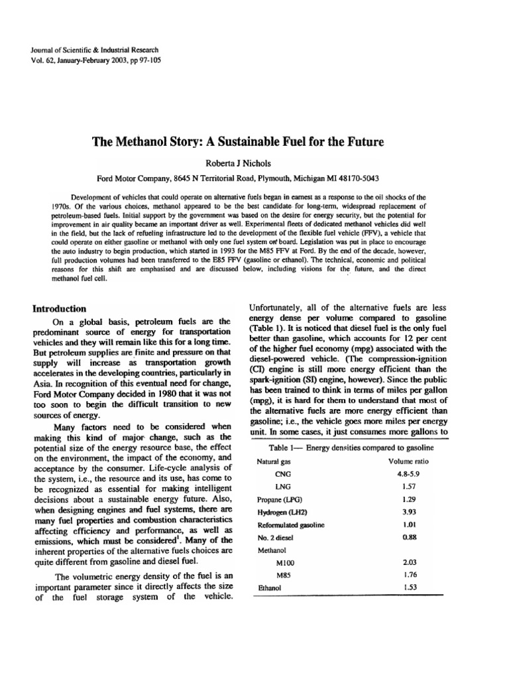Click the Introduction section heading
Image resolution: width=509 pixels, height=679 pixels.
60,308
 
